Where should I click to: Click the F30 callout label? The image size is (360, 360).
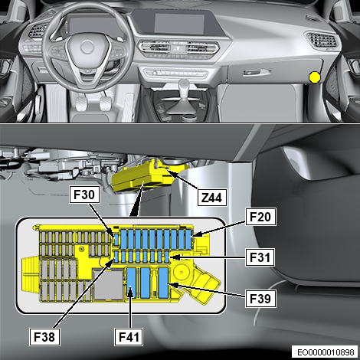84,195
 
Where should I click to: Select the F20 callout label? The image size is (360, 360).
260,217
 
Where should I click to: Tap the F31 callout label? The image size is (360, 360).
260,257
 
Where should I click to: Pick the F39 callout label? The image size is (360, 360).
260,298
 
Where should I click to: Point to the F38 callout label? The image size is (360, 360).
44,337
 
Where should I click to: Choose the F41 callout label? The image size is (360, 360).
129,337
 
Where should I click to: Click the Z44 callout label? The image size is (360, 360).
212,198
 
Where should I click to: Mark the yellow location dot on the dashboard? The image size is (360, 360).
315,77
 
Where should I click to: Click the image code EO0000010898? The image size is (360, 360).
326,352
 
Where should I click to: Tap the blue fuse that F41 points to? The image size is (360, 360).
132,283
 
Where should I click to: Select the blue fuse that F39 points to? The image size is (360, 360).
163,283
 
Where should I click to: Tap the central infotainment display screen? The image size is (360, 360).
179,24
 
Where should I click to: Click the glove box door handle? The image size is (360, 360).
256,73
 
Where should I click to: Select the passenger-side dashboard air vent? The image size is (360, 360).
322,40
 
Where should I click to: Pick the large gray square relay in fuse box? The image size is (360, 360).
107,285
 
